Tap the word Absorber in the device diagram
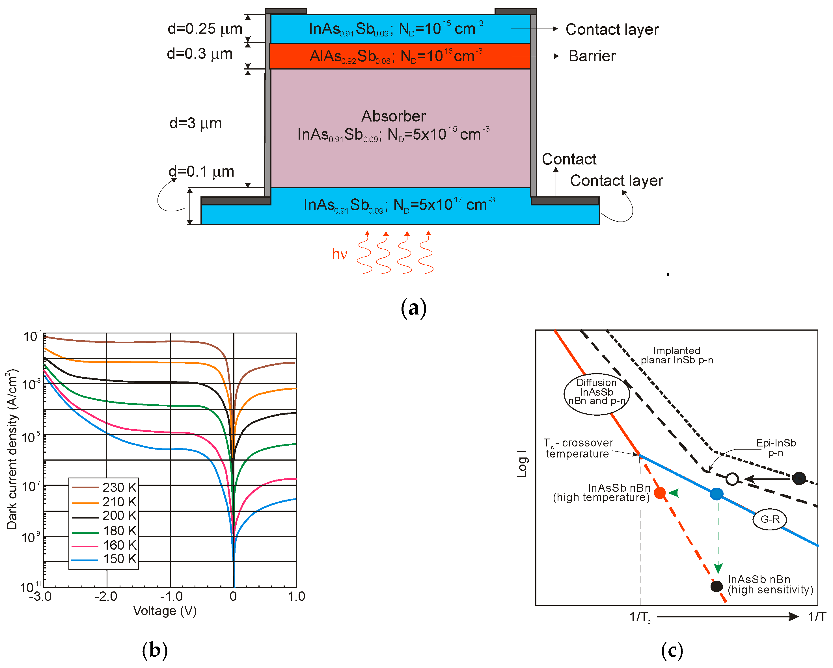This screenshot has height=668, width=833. pos(393,116)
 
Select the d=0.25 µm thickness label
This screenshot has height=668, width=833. pos(205,29)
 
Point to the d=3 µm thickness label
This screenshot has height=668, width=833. pos(195,123)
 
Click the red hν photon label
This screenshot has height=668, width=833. pos(339,254)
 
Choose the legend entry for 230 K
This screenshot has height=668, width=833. pos(104,487)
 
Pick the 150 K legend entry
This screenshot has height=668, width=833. pos(104,559)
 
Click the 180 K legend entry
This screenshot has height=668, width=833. pos(104,531)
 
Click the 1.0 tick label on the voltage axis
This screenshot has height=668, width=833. pos(296,597)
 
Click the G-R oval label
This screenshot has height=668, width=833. pos(770,519)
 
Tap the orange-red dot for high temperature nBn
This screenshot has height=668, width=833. pos(660,493)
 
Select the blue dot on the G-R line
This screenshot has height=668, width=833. pos(716,494)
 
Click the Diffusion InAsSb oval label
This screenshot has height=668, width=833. pos(597,394)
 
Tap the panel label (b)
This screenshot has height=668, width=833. pos(155,650)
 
